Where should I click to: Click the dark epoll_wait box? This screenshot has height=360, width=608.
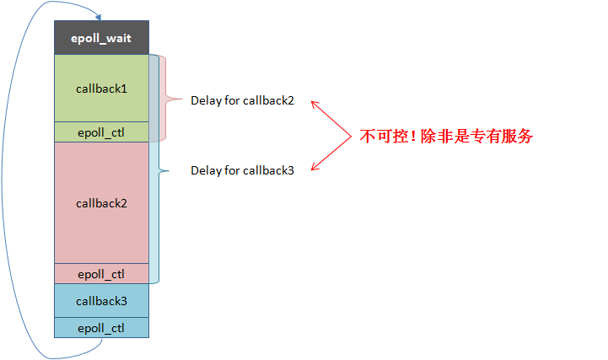(x=101, y=39)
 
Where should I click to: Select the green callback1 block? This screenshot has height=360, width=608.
(x=101, y=88)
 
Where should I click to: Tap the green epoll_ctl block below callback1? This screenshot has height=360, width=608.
(x=101, y=132)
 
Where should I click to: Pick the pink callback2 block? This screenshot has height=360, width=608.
(x=101, y=202)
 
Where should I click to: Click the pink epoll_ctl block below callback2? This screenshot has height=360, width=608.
(x=101, y=273)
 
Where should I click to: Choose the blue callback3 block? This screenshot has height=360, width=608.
(x=101, y=300)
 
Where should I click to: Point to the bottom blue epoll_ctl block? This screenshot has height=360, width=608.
(x=101, y=327)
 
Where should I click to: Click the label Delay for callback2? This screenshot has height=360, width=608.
(x=242, y=100)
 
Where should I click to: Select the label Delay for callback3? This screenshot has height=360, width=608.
(x=242, y=170)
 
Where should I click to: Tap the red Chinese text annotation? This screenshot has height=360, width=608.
(x=447, y=136)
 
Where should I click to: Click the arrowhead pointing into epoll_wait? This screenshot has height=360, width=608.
(x=99, y=17)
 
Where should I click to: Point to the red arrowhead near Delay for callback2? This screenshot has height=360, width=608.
(x=314, y=104)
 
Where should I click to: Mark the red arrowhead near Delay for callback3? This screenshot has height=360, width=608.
(x=314, y=167)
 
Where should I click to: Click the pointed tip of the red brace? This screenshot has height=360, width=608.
(x=180, y=99)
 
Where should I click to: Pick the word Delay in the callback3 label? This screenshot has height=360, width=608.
(x=205, y=170)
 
